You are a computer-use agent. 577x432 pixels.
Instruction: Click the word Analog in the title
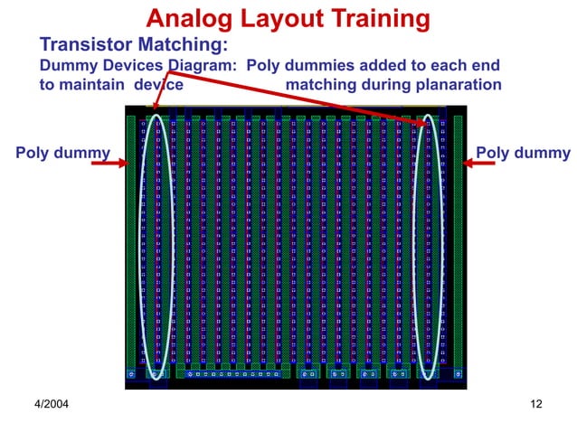tap(190, 18)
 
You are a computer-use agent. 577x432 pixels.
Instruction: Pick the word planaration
tap(458, 85)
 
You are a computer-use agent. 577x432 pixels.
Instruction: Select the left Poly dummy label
tap(62, 152)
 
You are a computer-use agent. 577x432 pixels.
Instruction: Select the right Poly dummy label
tap(523, 152)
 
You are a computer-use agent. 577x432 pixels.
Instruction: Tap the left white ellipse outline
tap(142, 244)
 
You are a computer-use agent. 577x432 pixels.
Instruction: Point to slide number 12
tap(535, 403)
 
